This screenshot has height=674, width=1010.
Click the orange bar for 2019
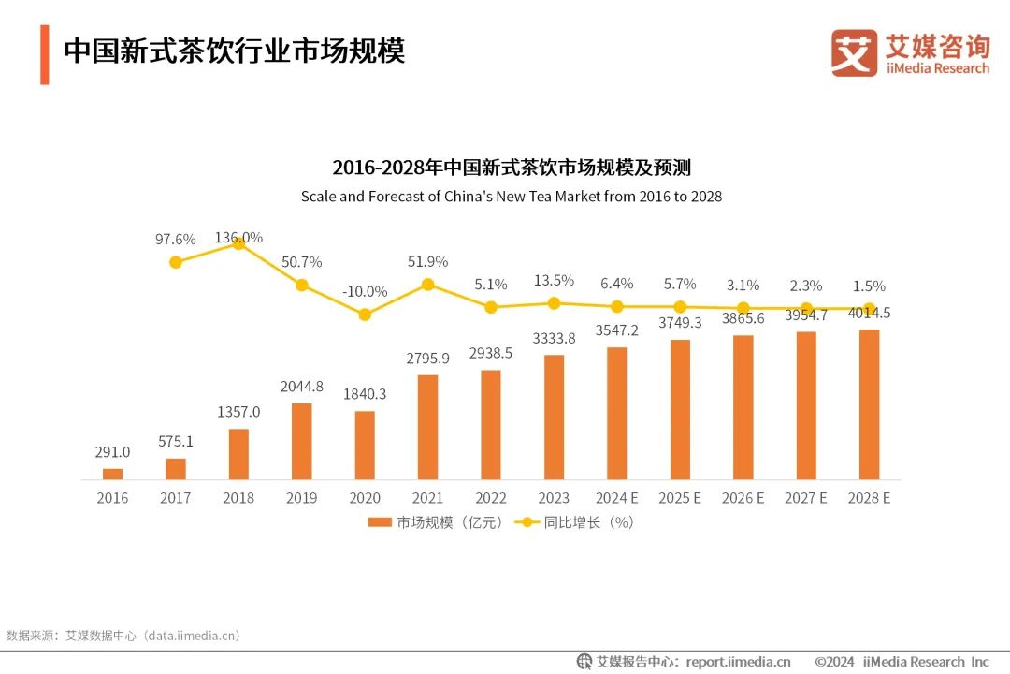(x=301, y=441)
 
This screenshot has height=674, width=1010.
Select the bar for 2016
(x=112, y=474)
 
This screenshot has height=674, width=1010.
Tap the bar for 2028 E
(x=869, y=404)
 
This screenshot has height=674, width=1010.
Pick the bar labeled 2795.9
(x=427, y=427)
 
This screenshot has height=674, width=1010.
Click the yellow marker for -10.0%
(x=365, y=315)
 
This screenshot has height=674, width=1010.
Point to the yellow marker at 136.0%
(x=238, y=242)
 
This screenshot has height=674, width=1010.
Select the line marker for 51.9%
(x=427, y=284)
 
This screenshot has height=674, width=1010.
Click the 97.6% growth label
(x=176, y=240)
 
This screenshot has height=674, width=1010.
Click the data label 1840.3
(x=365, y=394)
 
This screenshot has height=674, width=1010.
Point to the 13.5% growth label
(x=554, y=281)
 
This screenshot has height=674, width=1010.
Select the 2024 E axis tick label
(x=617, y=498)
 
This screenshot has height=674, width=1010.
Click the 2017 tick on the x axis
(x=176, y=498)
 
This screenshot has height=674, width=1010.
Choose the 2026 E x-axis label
(x=743, y=498)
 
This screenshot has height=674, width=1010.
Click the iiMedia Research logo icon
(x=854, y=52)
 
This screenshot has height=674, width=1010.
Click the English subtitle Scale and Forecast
(x=511, y=198)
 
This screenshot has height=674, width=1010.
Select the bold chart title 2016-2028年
(x=511, y=168)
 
